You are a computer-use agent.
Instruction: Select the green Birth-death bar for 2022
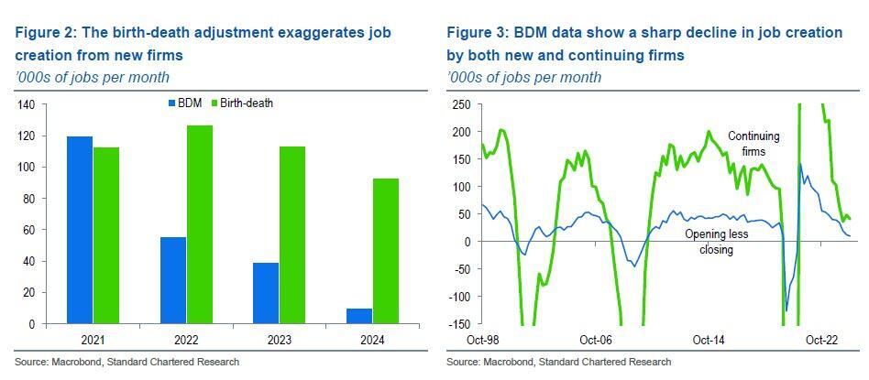tap(199, 224)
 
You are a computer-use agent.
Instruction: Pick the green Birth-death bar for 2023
tap(292, 235)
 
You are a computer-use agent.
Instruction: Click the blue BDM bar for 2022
tap(172, 280)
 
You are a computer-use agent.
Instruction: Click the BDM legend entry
tap(183, 103)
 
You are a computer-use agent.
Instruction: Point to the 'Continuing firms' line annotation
tap(753, 144)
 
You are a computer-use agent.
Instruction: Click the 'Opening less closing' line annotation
tap(716, 242)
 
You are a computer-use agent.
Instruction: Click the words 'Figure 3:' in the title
tap(477, 33)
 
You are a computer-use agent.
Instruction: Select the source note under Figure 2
tap(126, 362)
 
